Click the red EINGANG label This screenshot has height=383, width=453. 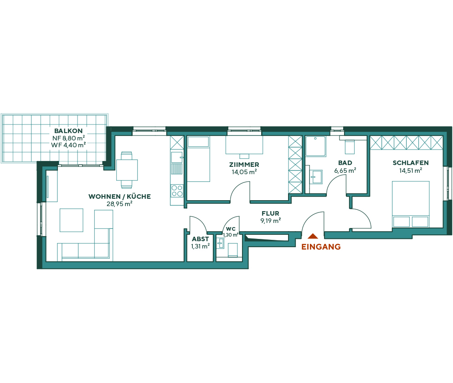[x=321, y=247]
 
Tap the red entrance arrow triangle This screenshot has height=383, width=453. [x=313, y=236]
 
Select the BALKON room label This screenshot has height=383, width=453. [x=68, y=130]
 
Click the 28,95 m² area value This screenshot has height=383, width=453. [x=119, y=204]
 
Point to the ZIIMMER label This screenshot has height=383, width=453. [x=244, y=165]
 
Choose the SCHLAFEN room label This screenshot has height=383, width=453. [x=410, y=163]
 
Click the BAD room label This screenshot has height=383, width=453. [x=345, y=163]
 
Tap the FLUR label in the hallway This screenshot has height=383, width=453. [x=270, y=213]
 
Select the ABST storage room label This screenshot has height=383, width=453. [x=200, y=239]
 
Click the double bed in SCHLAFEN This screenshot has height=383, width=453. [x=410, y=204]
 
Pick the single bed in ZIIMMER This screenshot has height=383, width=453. [x=198, y=159]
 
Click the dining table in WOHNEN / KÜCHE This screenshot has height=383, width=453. [x=127, y=170]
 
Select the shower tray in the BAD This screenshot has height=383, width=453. [x=315, y=146]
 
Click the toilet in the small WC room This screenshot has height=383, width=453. [x=232, y=249]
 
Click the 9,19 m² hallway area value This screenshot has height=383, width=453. [x=271, y=220]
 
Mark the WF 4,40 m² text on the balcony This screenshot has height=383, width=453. [x=68, y=145]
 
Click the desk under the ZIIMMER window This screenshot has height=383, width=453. [x=244, y=145]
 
